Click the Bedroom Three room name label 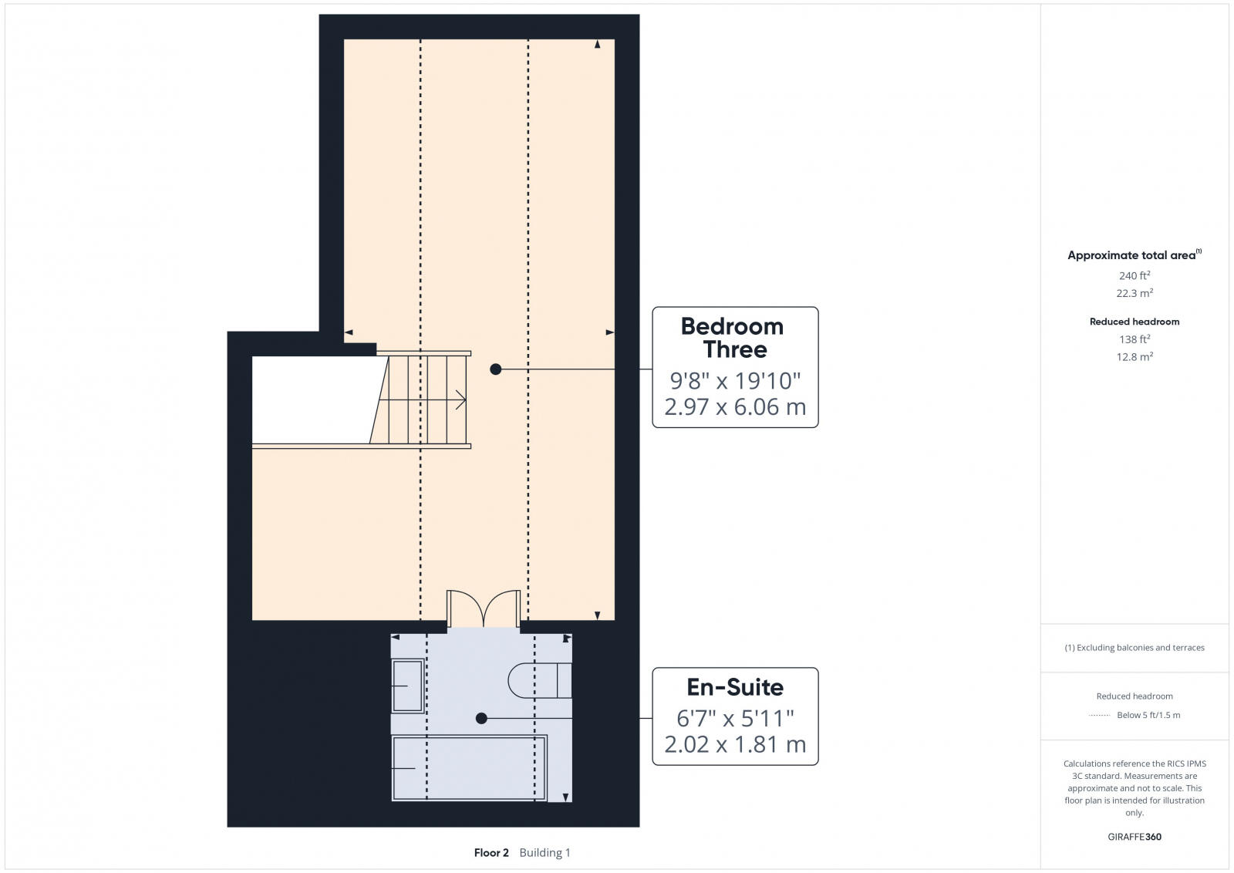(x=733, y=338)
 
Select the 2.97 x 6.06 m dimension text (x=734, y=407)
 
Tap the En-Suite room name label (x=735, y=687)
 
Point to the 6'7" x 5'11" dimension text (x=734, y=719)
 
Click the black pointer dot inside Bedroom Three (x=496, y=369)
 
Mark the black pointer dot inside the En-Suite (x=481, y=718)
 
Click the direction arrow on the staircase (x=460, y=399)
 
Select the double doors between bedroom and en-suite (x=484, y=609)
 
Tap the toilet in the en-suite (x=540, y=680)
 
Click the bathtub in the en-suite (x=469, y=767)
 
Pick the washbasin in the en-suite (x=407, y=685)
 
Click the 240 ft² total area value (x=1135, y=275)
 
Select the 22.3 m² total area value (x=1135, y=293)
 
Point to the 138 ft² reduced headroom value (x=1135, y=339)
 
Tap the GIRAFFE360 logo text (x=1135, y=837)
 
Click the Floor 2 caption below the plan (x=491, y=852)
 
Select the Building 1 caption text (x=545, y=852)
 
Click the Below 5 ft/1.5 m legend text (x=1148, y=715)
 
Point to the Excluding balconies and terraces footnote (x=1135, y=648)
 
